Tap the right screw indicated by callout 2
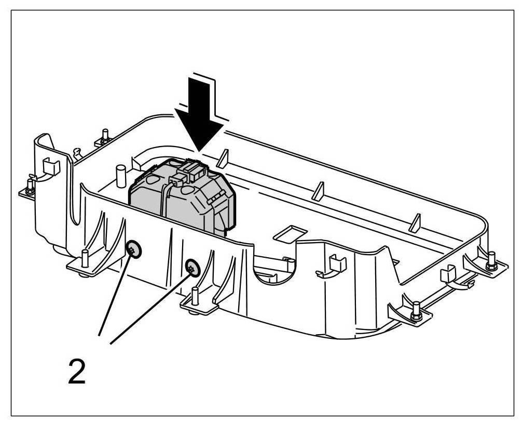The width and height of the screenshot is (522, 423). pyautogui.click(x=193, y=268)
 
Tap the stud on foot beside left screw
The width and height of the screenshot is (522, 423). pyautogui.click(x=84, y=258)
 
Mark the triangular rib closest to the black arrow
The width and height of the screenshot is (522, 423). pyautogui.click(x=222, y=158)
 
